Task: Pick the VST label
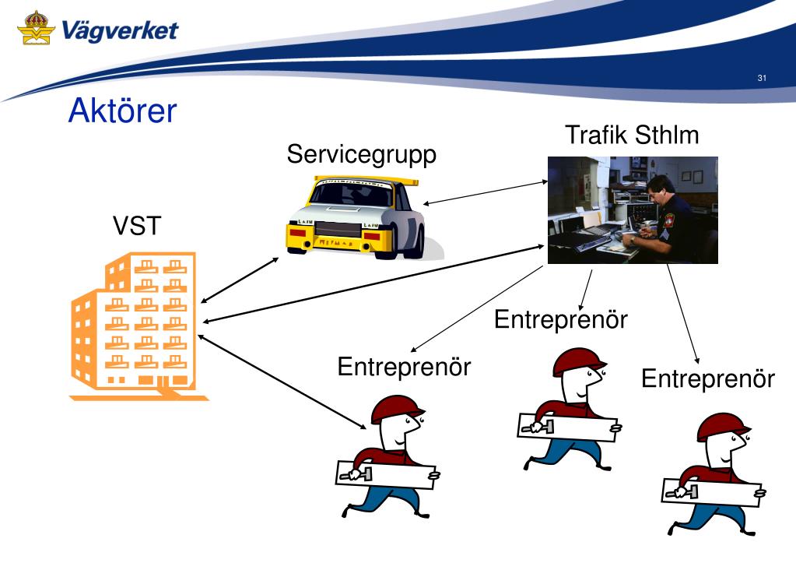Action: point(138,226)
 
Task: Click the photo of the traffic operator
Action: point(633,210)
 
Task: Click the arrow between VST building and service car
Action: point(239,280)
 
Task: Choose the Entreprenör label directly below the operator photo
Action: point(560,319)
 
